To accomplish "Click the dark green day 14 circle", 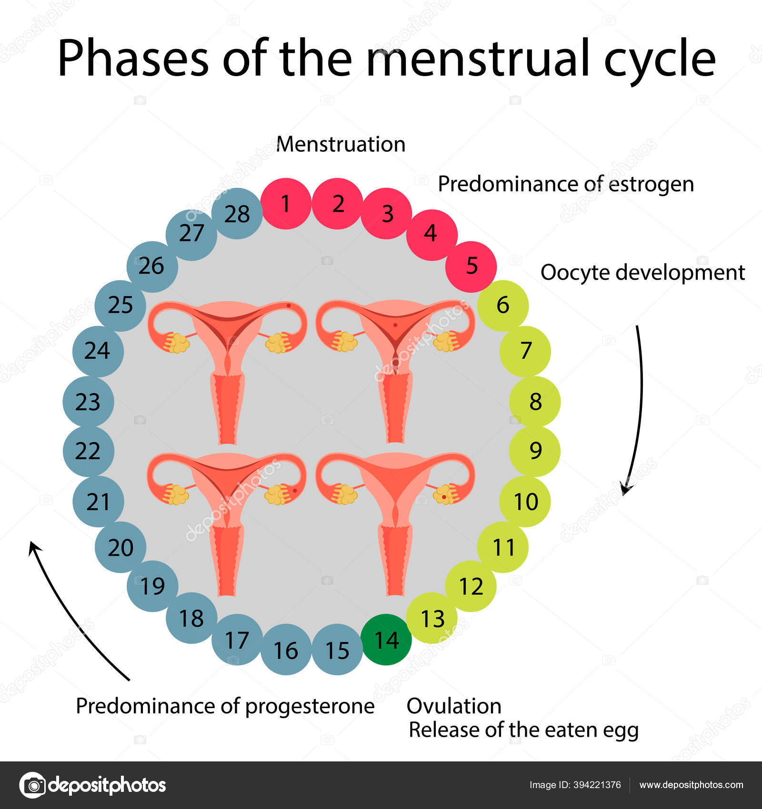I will pyautogui.click(x=386, y=640).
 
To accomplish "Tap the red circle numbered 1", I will pyautogui.click(x=286, y=204).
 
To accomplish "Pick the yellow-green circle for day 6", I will pyautogui.click(x=503, y=306).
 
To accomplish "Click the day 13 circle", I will pyautogui.click(x=432, y=618).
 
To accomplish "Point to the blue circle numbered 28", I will pyautogui.click(x=237, y=214).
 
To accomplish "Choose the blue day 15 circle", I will pyautogui.click(x=337, y=650).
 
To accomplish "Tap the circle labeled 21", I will pyautogui.click(x=98, y=501).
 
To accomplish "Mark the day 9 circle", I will pyautogui.click(x=535, y=451).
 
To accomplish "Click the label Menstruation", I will pyautogui.click(x=341, y=144).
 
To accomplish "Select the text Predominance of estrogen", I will pyautogui.click(x=566, y=184).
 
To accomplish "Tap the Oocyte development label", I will pyautogui.click(x=642, y=273).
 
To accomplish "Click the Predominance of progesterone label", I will pyautogui.click(x=225, y=706).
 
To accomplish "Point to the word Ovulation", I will pyautogui.click(x=454, y=706).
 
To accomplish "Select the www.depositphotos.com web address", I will pyautogui.click(x=691, y=785).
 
